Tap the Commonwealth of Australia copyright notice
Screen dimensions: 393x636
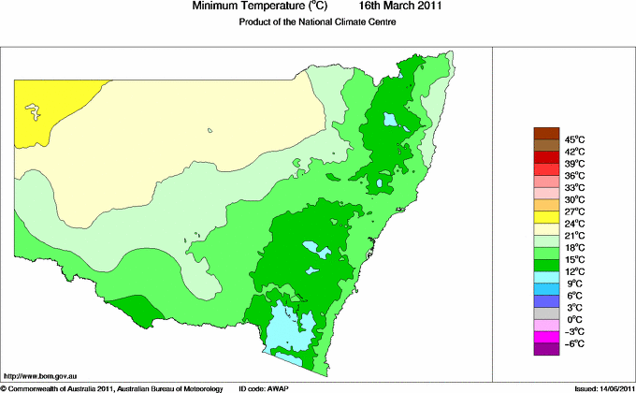112,387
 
